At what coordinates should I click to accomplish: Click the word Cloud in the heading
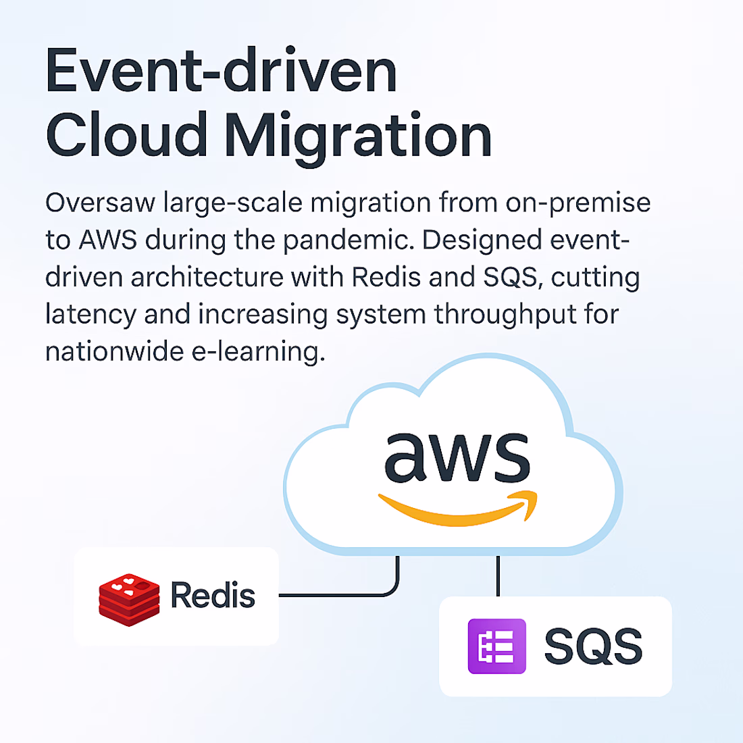126,134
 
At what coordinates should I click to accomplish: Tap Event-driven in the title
221,70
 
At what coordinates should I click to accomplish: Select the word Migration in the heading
358,138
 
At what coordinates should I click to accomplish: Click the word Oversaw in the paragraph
100,203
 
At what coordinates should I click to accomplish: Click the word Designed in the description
482,240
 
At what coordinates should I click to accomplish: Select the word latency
91,315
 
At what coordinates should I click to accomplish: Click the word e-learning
258,352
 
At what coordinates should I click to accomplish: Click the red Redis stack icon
129,600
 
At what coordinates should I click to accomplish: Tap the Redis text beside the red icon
213,595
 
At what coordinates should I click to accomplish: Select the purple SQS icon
496,646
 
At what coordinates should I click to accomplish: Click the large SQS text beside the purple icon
593,646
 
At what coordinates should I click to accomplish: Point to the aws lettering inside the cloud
457,457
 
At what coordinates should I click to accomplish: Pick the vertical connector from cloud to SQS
498,575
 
